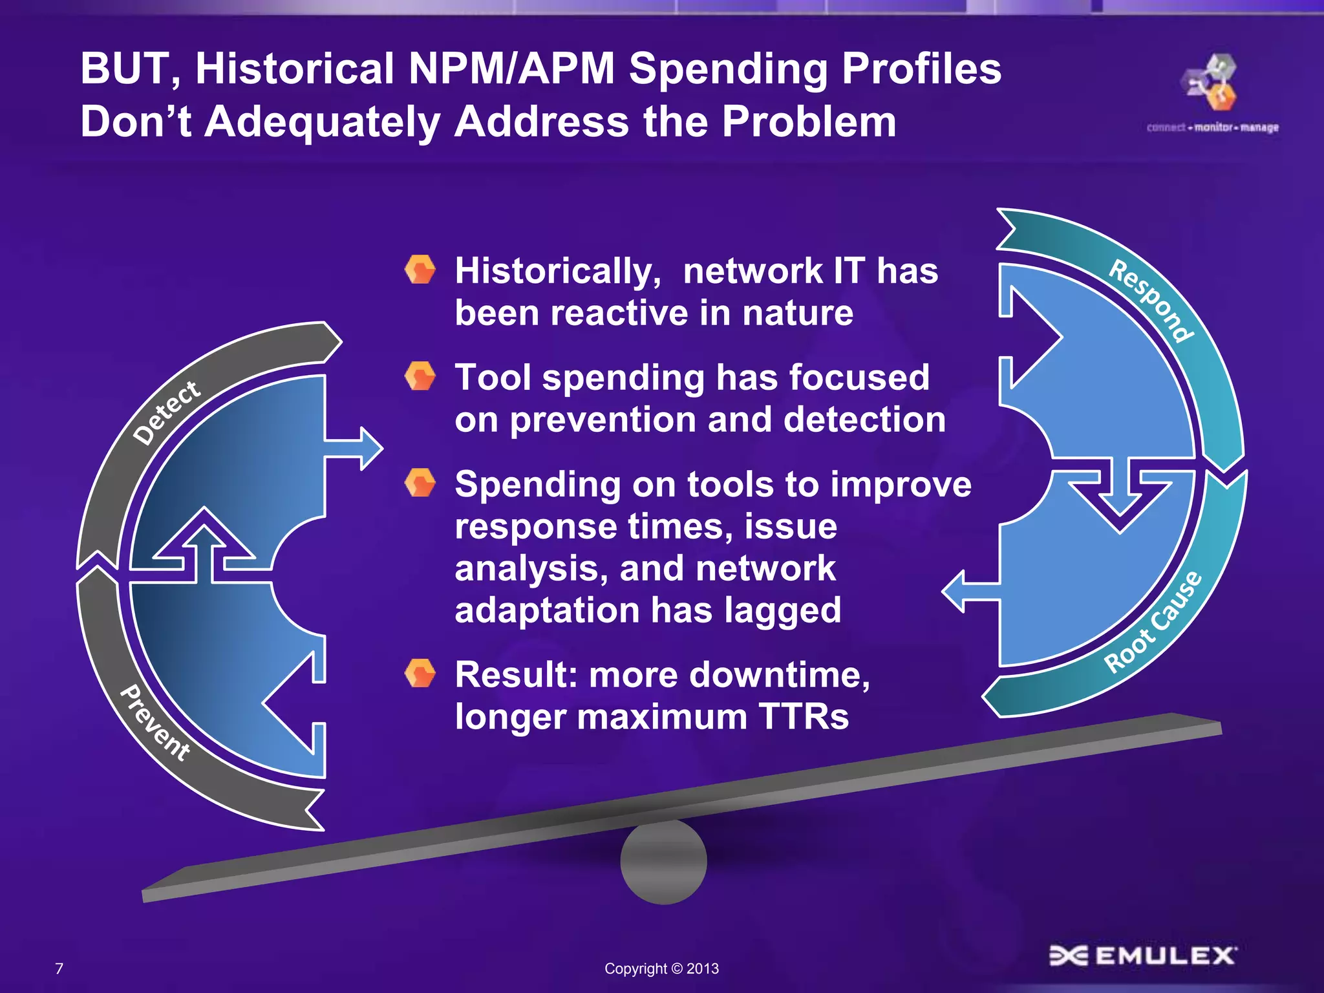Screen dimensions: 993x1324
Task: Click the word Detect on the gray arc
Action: tap(167, 412)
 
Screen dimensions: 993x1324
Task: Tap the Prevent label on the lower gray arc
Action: tap(155, 723)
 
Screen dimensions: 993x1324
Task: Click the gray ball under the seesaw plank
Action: tap(663, 862)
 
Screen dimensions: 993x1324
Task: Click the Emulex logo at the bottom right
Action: tap(1143, 956)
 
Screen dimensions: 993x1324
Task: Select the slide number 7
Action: tap(59, 968)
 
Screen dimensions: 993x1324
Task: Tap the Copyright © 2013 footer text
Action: tap(661, 968)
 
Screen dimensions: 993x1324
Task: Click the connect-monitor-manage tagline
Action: tap(1213, 127)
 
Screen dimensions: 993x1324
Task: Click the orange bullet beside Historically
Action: tap(420, 270)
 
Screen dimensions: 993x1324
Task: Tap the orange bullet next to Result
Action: tap(420, 674)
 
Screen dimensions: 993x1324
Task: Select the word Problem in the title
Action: tap(809, 122)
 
